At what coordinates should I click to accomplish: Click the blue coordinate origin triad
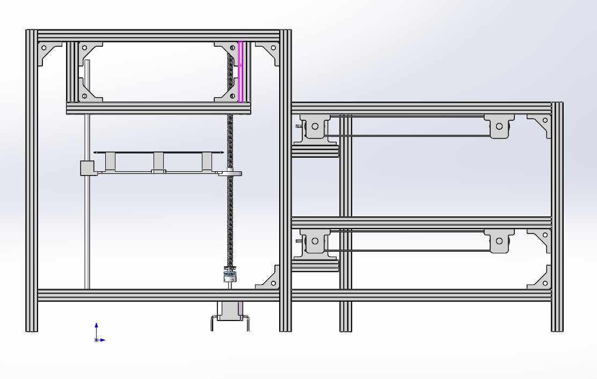tap(97, 339)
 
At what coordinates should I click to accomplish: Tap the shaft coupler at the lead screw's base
tap(230, 276)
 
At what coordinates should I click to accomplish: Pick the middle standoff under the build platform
tap(158, 162)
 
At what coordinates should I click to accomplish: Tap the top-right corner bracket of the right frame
tap(541, 124)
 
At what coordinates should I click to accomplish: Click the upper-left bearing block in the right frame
tap(315, 127)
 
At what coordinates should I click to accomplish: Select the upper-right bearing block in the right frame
tap(499, 127)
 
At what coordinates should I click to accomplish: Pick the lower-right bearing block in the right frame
tap(499, 242)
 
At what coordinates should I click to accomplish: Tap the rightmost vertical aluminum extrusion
tap(557, 215)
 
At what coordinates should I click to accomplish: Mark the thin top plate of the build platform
tap(158, 153)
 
